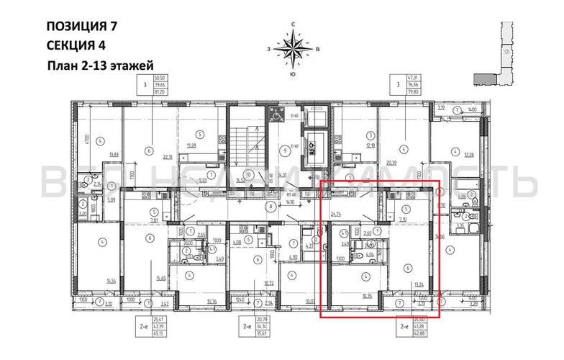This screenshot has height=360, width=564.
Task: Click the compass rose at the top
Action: (x=294, y=50)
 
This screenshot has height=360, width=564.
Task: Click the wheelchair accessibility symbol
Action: (x=276, y=114)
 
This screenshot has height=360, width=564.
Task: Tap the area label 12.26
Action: (x=469, y=154)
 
